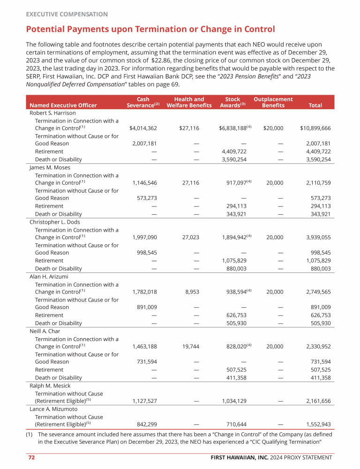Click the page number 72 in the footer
[x=30, y=457]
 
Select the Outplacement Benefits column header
[x=273, y=102]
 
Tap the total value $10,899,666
[x=315, y=128]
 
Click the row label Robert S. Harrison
[x=52, y=113]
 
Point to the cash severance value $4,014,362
[x=143, y=128]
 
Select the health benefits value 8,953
[x=192, y=292]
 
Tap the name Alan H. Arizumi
[x=49, y=277]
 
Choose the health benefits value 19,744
[x=190, y=347]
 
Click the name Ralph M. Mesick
[x=50, y=386]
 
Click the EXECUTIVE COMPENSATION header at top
[x=67, y=15]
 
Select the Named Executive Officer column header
[x=63, y=106]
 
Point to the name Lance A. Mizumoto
[x=53, y=409]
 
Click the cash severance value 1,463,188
[x=145, y=347]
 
